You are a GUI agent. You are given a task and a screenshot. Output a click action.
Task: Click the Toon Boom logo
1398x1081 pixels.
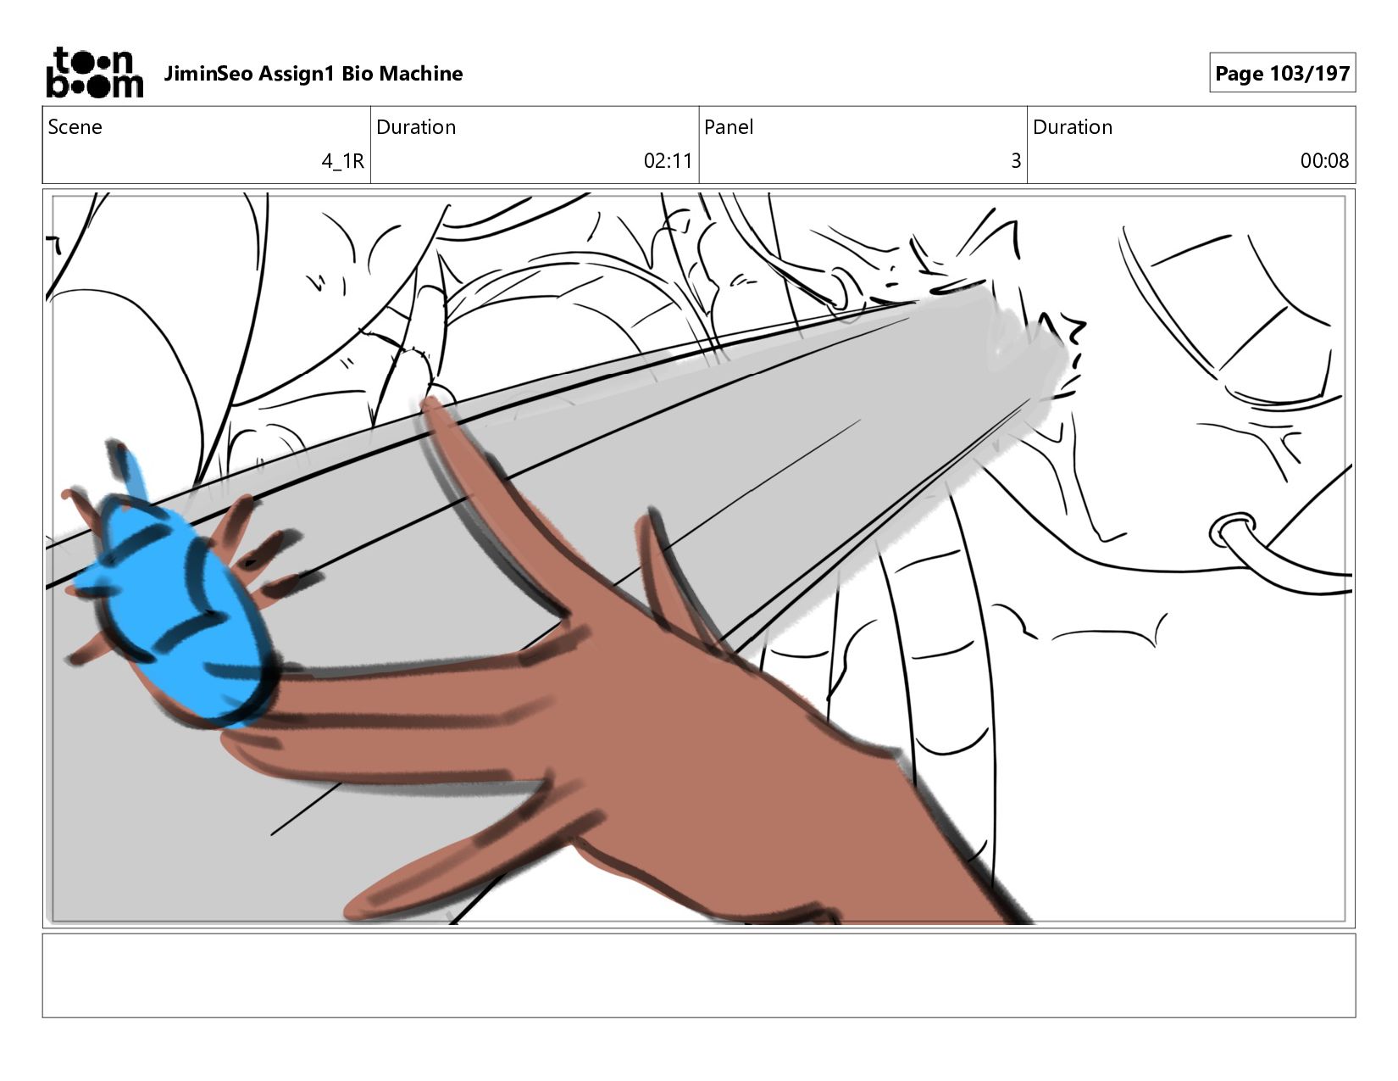pos(95,73)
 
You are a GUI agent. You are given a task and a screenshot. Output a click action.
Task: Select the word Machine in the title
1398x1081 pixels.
pos(421,74)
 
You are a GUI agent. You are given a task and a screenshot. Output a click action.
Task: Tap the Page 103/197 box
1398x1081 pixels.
pos(1282,73)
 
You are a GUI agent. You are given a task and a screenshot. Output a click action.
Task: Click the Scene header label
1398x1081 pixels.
pos(75,127)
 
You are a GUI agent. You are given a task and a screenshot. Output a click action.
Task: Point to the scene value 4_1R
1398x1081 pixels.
pos(343,161)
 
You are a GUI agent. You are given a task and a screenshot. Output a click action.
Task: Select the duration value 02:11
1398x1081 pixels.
pos(668,161)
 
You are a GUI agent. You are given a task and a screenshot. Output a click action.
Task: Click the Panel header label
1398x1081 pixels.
pos(729,127)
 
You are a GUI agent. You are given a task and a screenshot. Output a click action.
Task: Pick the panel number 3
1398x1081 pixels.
pos(1016,161)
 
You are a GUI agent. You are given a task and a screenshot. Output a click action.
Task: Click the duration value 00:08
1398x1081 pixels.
pos(1324,161)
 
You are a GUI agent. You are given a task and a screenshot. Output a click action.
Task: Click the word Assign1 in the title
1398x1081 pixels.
pos(297,74)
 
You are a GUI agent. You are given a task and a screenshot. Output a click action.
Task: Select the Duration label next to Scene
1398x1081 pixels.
pos(416,127)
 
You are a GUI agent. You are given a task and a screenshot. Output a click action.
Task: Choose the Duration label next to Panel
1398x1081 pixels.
pos(1073,127)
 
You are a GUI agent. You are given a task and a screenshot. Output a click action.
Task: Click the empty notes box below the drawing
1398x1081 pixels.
pos(699,975)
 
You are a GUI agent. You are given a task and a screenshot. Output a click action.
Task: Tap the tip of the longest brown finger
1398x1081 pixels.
pos(427,403)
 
